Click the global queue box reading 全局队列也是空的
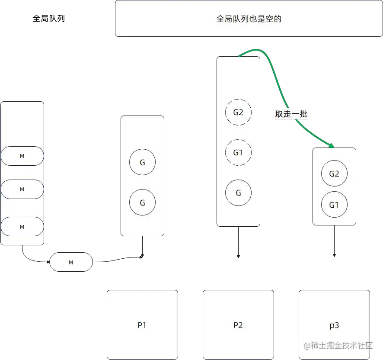point(249,19)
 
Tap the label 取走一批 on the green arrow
point(291,114)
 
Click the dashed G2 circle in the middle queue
point(238,112)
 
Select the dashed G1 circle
point(238,152)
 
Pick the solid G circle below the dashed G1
point(238,193)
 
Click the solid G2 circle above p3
point(334,174)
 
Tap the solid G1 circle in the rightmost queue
point(334,205)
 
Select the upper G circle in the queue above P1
point(142,163)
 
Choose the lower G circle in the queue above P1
point(142,202)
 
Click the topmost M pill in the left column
point(22,156)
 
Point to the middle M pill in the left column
point(22,190)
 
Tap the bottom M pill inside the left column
point(22,227)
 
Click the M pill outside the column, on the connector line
point(71,262)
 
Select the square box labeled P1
point(142,325)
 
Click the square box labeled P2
point(238,325)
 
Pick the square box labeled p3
point(334,325)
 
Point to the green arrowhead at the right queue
point(332,145)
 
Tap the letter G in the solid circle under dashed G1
point(238,193)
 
